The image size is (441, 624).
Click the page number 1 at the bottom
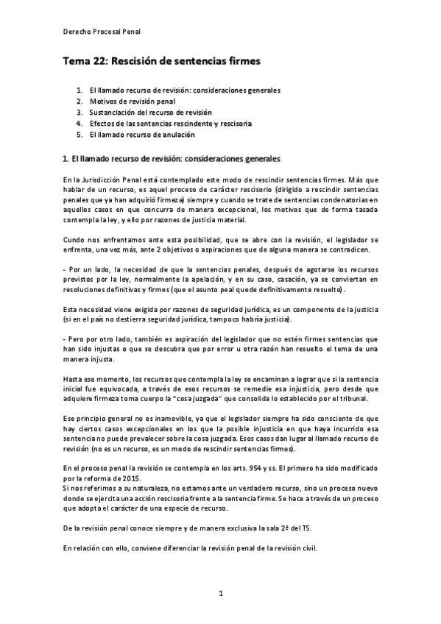tap(220, 592)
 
